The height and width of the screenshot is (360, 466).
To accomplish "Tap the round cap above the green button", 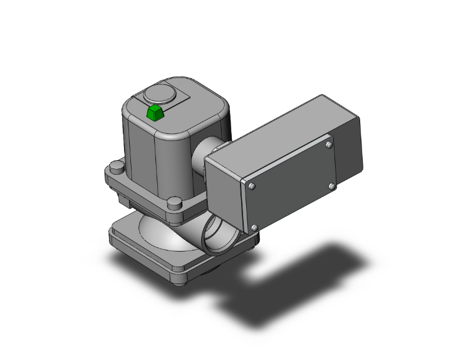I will (157, 95).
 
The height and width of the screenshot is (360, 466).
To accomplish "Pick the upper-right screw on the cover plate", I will (329, 145).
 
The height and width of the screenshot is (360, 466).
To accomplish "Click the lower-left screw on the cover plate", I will (254, 227).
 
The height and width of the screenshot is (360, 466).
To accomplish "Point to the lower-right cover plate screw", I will (332, 186).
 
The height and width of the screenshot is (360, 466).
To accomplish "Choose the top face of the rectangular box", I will (276, 128).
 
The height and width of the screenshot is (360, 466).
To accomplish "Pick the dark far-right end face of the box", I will (351, 144).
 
